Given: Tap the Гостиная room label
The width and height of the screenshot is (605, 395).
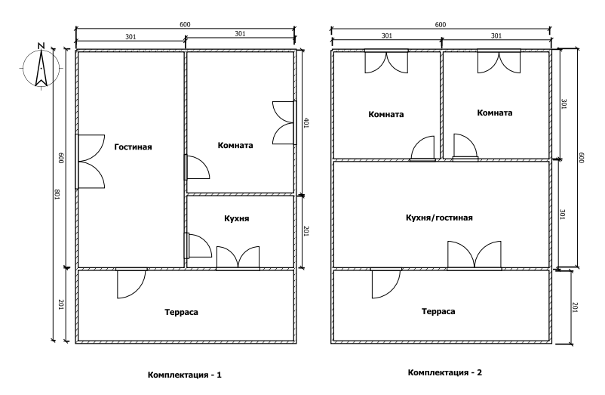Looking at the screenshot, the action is pyautogui.click(x=133, y=147).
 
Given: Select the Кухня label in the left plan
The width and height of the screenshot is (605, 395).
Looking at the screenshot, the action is pyautogui.click(x=237, y=218).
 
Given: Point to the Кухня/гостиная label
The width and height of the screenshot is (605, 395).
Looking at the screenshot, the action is pyautogui.click(x=439, y=218).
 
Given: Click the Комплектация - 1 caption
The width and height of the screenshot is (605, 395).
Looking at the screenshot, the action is pyautogui.click(x=185, y=375).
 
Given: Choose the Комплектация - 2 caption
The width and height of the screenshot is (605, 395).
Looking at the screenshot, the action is pyautogui.click(x=445, y=372).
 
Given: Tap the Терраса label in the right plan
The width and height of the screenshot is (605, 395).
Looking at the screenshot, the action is pyautogui.click(x=438, y=311).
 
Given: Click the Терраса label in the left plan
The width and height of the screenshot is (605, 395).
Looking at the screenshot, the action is pyautogui.click(x=181, y=312).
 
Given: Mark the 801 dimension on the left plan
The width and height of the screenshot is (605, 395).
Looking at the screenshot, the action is pyautogui.click(x=57, y=194).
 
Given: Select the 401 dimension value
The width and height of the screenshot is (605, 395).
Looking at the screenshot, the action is pyautogui.click(x=306, y=123).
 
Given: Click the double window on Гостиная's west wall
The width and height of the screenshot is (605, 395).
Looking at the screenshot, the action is pyautogui.click(x=90, y=162).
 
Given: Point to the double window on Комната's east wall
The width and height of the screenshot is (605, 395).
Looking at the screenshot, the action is pyautogui.click(x=284, y=123).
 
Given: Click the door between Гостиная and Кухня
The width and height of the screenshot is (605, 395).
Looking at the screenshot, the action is pyautogui.click(x=198, y=245).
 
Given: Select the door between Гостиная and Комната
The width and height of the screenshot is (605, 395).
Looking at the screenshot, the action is pyautogui.click(x=197, y=167).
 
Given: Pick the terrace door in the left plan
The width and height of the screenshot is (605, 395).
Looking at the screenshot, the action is pyautogui.click(x=131, y=283).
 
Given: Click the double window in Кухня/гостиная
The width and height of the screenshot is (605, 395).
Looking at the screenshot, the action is pyautogui.click(x=474, y=255).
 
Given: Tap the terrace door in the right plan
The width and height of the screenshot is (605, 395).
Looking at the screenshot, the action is pyautogui.click(x=385, y=283).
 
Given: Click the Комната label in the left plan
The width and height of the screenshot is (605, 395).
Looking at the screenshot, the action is pyautogui.click(x=235, y=146).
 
